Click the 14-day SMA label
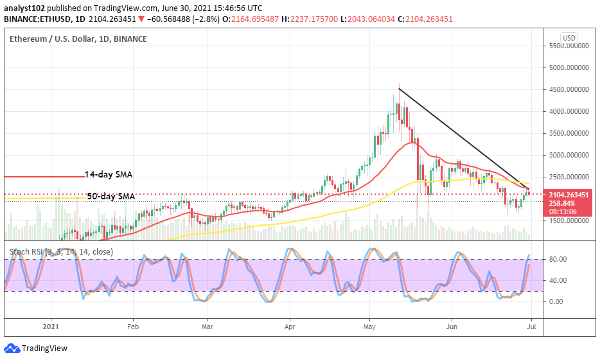coord(113,174)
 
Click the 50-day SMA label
coord(111,196)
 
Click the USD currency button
coord(569,38)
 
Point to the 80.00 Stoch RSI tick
coord(558,260)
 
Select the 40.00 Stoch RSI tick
coord(558,280)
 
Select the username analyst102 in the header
coord(25,8)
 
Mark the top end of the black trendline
coord(399,89)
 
